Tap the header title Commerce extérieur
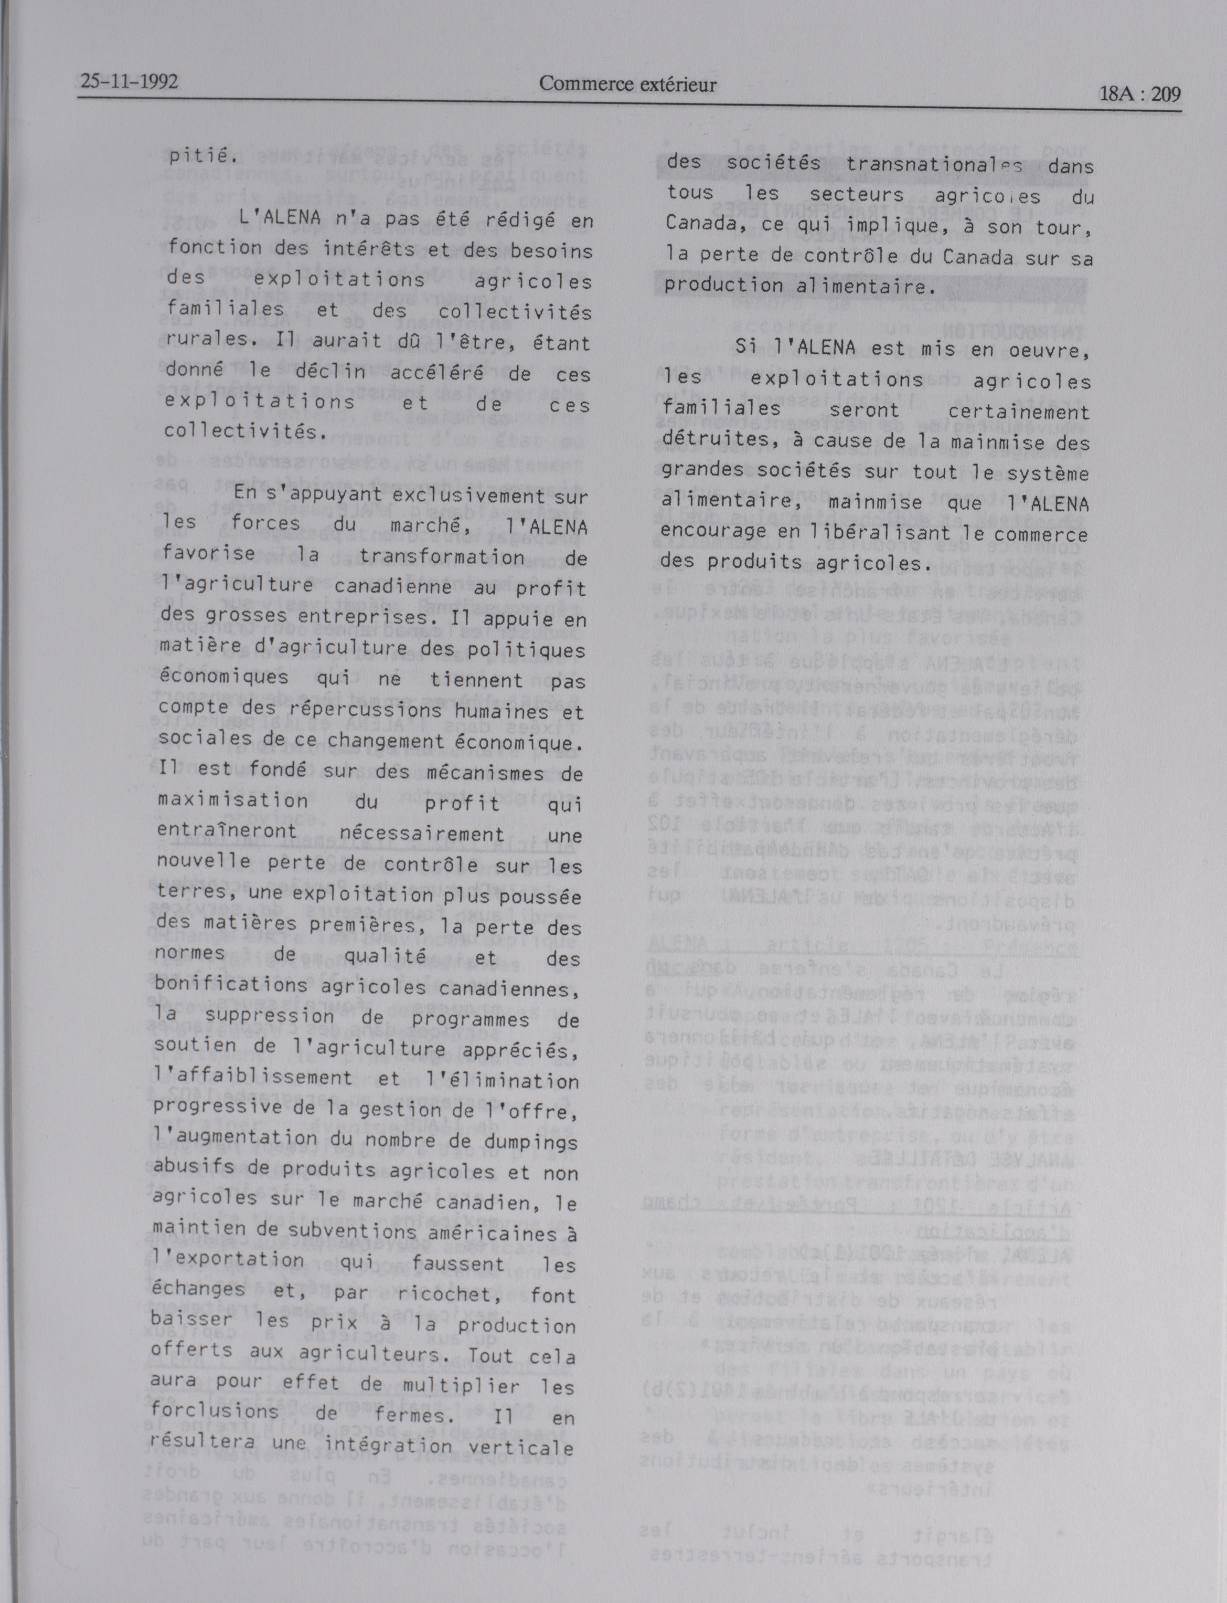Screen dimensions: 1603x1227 pos(627,85)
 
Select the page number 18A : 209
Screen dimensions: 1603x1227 pos(1139,94)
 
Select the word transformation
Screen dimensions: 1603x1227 pos(442,557)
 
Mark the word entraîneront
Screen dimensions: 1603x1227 pos(227,831)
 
